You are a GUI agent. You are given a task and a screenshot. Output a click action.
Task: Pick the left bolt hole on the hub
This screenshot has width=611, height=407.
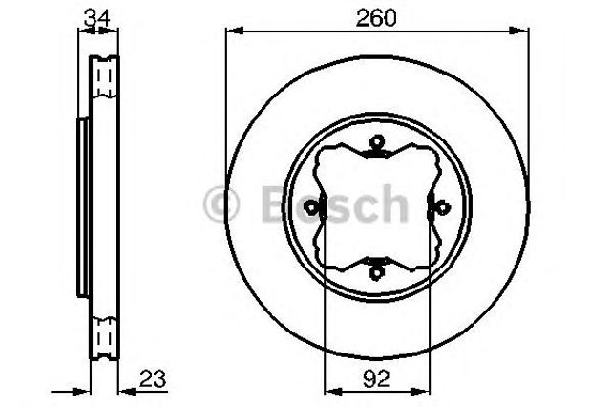(313, 206)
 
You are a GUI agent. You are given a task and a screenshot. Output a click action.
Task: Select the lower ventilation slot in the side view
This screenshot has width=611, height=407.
(104, 337)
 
